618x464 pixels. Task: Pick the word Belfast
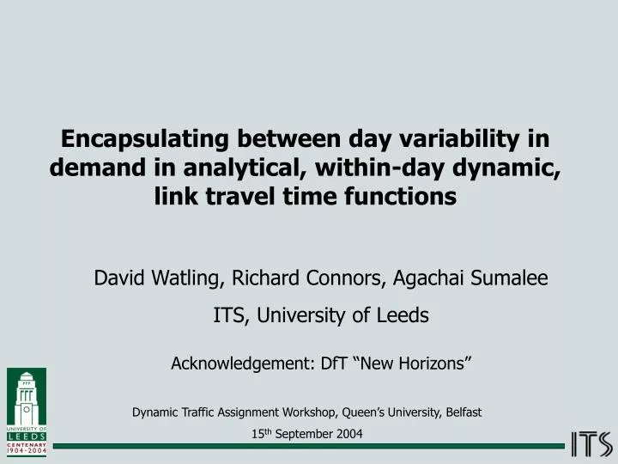click(x=463, y=412)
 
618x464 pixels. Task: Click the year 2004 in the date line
click(x=350, y=434)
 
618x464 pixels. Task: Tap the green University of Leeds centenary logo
click(x=27, y=410)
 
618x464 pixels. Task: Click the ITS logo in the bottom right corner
click(x=591, y=444)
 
